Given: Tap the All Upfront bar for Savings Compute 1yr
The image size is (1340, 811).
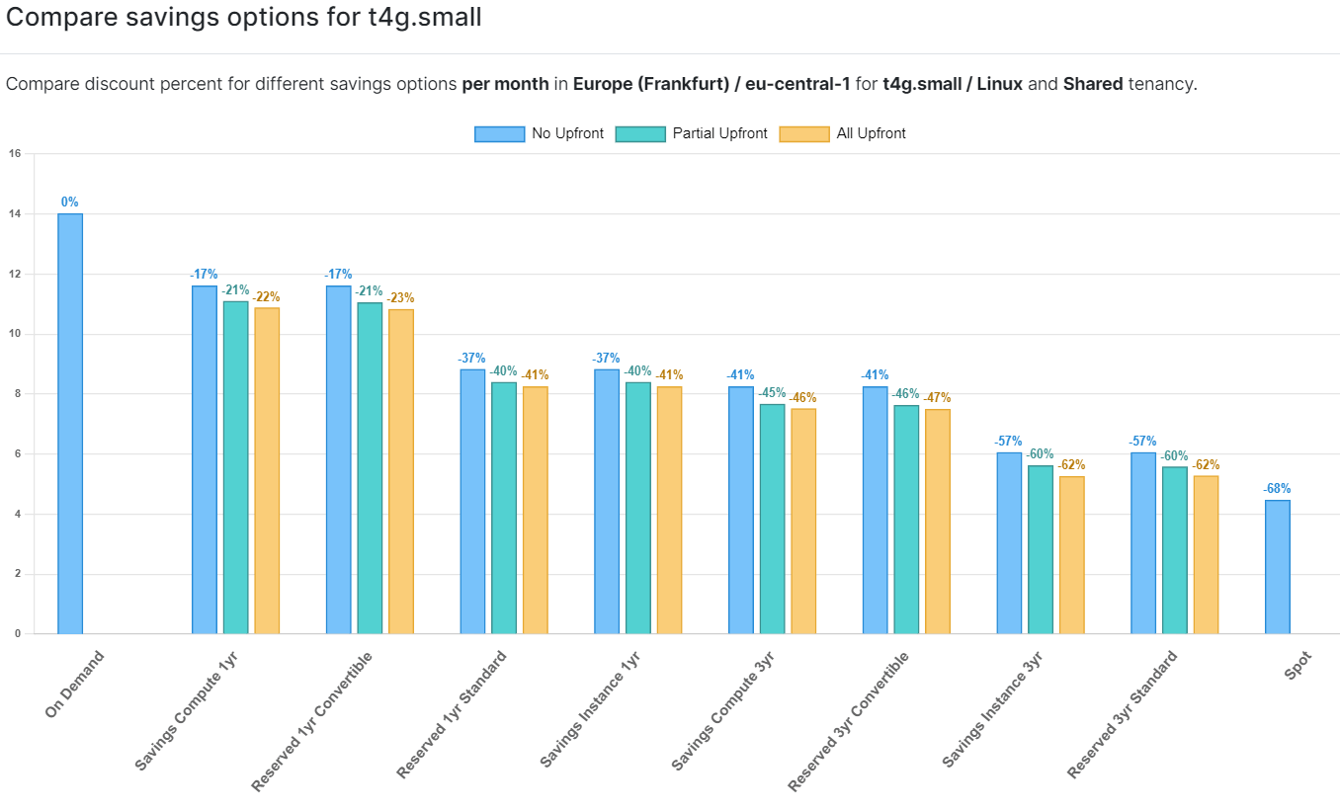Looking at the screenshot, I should point(267,470).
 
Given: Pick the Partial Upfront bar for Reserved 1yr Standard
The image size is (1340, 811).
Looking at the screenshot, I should point(504,508).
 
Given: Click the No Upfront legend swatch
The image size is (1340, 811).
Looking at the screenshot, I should point(499,134).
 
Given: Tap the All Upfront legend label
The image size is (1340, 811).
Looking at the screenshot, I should point(871,134).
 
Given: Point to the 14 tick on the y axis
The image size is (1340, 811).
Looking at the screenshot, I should point(15,213).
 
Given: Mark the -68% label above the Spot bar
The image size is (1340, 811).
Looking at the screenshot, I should point(1277,489).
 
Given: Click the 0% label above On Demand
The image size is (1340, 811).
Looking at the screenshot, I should point(70,203).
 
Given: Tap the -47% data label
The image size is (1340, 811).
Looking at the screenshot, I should point(937,398).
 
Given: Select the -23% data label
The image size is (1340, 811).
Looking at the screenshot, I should point(401,298).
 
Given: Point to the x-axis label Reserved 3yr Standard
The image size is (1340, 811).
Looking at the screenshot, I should point(1124,714).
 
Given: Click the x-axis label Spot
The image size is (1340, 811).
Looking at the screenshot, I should point(1298,666).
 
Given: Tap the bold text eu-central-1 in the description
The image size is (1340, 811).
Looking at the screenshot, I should point(799,84).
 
